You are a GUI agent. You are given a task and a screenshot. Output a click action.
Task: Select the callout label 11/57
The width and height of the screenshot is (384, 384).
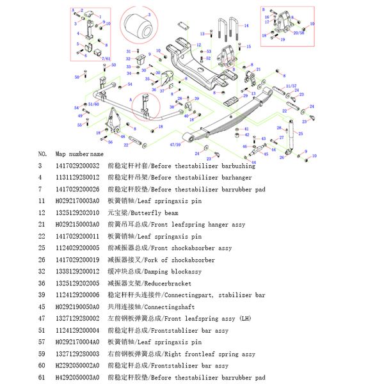tap(291, 85)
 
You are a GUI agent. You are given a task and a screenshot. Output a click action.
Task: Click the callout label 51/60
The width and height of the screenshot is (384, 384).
tap(93, 103)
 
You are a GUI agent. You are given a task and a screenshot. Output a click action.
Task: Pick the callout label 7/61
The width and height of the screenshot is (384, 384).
tap(97, 59)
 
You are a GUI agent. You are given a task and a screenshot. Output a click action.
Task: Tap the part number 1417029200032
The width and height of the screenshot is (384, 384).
tap(77, 166)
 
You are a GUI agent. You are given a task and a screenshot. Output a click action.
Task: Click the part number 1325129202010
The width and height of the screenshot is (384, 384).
tap(77, 212)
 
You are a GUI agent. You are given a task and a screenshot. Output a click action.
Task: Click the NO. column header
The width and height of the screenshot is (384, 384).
tap(43, 154)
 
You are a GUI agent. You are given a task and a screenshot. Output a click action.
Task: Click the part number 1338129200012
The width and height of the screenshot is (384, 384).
tap(77, 271)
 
